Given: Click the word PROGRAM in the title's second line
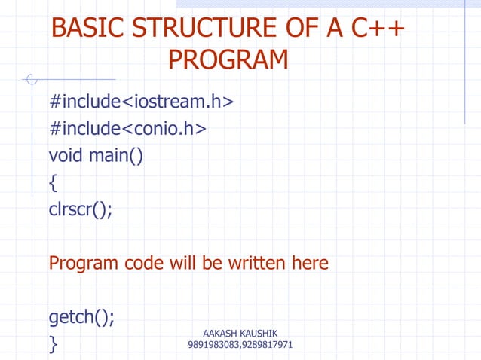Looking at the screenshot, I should [228, 59].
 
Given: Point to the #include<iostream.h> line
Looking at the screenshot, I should [141, 101].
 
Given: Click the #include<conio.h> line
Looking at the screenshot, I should [127, 129].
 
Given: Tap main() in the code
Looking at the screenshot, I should [116, 157].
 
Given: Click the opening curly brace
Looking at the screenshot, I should [53, 183].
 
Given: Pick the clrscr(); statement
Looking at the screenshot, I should [81, 210].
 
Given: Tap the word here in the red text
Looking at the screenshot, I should [309, 264].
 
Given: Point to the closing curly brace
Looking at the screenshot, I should [53, 345].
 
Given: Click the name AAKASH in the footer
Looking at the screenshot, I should [220, 334].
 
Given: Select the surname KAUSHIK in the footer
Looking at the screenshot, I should [260, 334].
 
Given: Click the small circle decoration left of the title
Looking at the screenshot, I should [31, 78].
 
